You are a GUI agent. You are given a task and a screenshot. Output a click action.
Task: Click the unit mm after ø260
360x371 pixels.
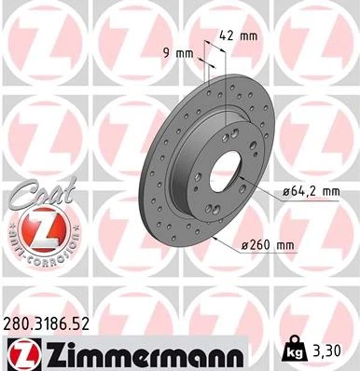pyautogui.click(x=284, y=245)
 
